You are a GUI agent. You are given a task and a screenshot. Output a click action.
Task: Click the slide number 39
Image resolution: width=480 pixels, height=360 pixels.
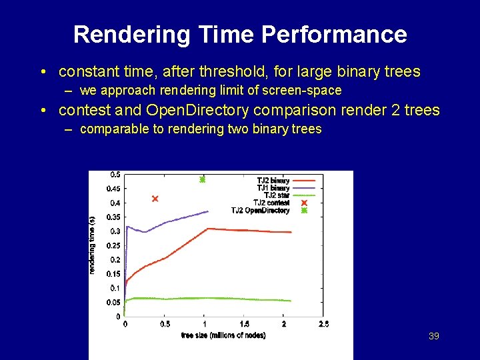click(x=433, y=336)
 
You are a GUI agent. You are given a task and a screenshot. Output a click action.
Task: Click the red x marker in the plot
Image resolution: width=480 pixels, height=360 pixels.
click(x=155, y=199)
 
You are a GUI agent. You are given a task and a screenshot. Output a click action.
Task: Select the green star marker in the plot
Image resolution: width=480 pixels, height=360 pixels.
click(x=203, y=179)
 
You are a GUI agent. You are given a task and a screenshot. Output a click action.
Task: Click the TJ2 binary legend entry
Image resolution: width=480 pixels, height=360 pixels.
click(x=273, y=181)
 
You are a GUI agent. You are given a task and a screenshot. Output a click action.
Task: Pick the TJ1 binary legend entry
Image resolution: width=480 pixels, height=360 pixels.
click(x=273, y=188)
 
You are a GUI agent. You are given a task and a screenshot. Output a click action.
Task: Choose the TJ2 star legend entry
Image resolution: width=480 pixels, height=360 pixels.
click(x=275, y=195)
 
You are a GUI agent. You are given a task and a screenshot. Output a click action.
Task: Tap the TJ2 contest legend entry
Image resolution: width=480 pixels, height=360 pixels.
click(x=271, y=203)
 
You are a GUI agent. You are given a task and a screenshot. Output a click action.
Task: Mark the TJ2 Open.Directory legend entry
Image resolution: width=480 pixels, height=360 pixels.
click(x=260, y=211)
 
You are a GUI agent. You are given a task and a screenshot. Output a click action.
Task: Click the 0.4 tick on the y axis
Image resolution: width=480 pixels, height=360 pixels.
click(x=115, y=203)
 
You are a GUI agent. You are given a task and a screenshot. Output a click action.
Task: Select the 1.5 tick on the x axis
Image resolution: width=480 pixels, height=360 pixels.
click(x=244, y=324)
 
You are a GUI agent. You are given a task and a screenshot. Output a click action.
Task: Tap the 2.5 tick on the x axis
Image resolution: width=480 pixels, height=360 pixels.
click(x=323, y=324)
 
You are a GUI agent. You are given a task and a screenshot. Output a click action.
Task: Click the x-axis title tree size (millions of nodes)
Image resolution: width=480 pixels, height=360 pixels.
click(x=223, y=335)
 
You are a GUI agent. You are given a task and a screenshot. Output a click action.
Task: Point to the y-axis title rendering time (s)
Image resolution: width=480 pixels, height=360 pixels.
click(x=92, y=245)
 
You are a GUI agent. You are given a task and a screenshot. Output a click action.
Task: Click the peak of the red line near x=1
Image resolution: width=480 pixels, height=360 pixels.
click(x=208, y=229)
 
